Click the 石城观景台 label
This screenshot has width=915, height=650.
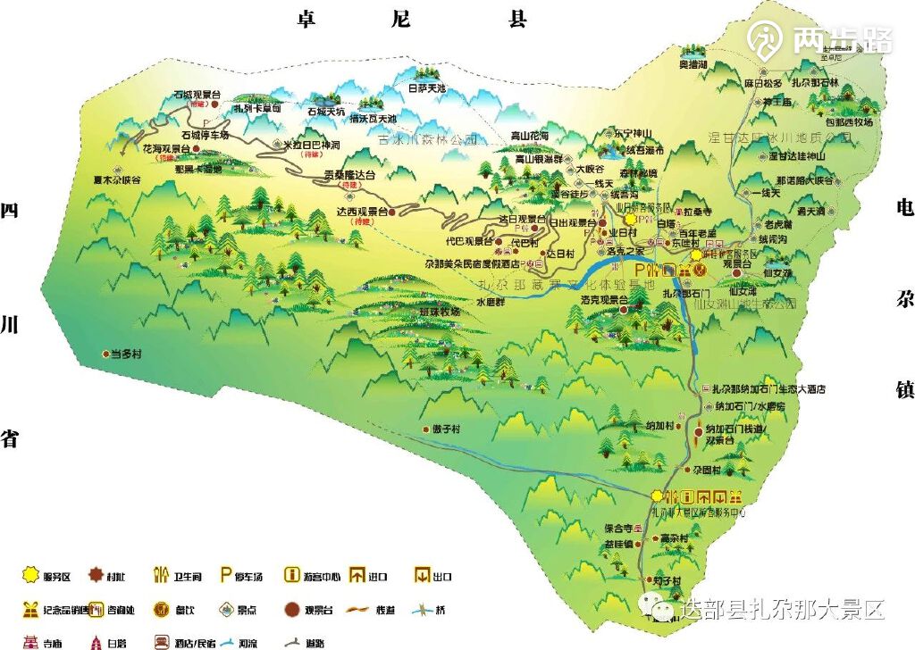coord(197,94)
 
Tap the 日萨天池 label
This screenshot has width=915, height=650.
coord(426,88)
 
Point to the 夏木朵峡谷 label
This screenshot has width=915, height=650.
coord(116,179)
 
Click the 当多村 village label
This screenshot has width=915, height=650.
coord(126,354)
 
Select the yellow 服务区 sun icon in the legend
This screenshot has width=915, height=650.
coord(29,576)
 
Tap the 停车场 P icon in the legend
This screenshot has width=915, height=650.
coord(227,575)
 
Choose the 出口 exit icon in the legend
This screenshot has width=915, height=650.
coord(421,575)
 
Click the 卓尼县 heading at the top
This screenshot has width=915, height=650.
coord(412,20)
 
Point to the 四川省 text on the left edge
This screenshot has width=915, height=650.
coord(11,324)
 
